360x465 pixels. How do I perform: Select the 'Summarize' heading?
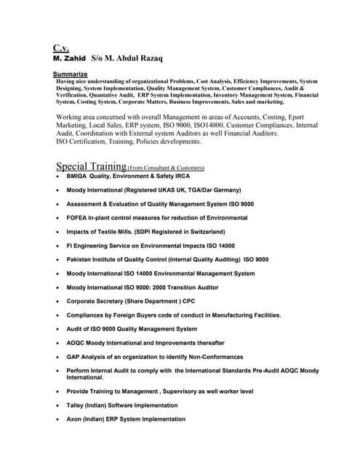(71, 74)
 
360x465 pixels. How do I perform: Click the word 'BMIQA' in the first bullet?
(78, 177)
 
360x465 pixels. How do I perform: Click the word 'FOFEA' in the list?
(78, 218)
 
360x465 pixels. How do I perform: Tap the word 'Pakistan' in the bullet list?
(80, 259)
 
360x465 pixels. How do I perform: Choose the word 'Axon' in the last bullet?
(74, 419)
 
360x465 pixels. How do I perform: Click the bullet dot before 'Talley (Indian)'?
(57, 405)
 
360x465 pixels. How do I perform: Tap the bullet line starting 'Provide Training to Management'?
(160, 392)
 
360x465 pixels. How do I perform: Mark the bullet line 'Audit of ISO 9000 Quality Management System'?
(132, 329)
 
